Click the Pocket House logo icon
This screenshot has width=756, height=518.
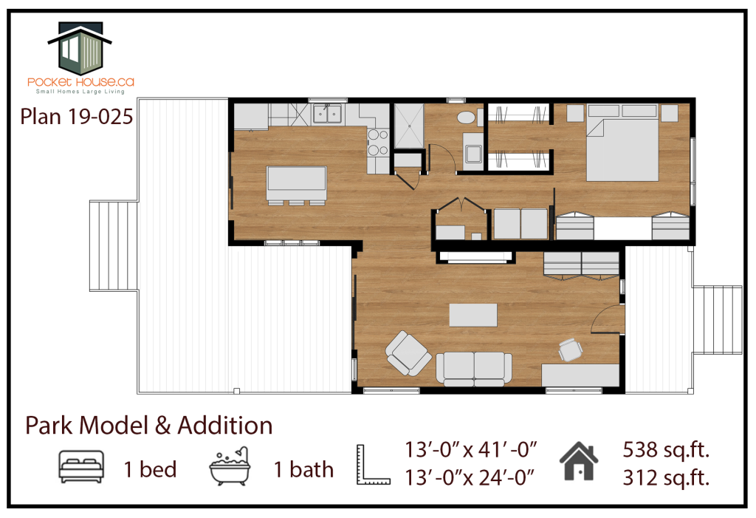pos(80,48)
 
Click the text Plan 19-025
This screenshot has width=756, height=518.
pos(77,117)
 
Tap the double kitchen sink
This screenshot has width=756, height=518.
pos(327,115)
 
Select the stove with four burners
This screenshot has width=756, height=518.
pos(377,143)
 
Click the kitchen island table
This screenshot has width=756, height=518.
pos(297,178)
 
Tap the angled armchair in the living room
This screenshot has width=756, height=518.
pos(408,353)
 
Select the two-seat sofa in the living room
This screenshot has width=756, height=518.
pos(474,368)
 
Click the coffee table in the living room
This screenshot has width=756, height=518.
pos(473,315)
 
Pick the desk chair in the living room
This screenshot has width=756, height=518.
pos(570,350)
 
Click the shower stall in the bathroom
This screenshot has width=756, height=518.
pos(409,126)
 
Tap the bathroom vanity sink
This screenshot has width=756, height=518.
pos(472,154)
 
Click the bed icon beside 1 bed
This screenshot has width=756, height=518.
pos(81,467)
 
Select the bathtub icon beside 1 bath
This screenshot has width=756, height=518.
pos(230,466)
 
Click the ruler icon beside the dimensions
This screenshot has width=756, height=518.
pos(373,464)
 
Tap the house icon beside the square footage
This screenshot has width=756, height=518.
pos(579,461)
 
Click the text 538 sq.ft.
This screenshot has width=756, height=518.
pos(666,450)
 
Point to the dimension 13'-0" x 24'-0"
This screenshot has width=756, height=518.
pos(470,478)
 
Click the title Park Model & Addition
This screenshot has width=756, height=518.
pos(149,426)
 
